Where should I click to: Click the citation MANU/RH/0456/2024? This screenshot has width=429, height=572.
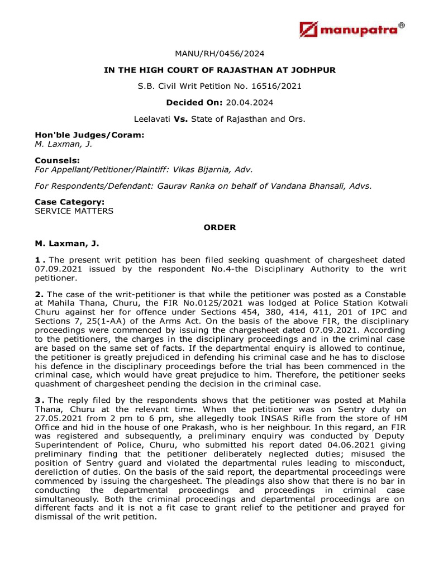pyautogui.click(x=219, y=54)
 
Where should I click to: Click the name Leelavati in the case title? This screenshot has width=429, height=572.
pyautogui.click(x=152, y=119)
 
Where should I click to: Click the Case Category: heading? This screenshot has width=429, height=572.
pyautogui.click(x=70, y=203)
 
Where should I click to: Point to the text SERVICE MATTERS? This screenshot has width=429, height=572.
pyautogui.click(x=74, y=211)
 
